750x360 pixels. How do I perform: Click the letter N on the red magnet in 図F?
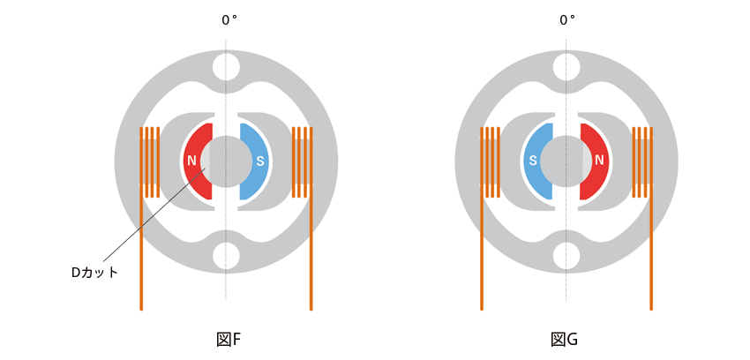[x=191, y=161]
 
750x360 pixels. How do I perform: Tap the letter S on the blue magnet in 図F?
[x=260, y=161]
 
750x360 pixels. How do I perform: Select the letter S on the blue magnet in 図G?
[x=532, y=161]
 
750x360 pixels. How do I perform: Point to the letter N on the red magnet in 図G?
[x=599, y=161]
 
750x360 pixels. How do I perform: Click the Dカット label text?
[x=94, y=273]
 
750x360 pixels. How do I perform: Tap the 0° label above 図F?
[x=229, y=20]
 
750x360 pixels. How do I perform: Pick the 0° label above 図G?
[x=567, y=20]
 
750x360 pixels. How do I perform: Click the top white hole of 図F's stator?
[x=226, y=67]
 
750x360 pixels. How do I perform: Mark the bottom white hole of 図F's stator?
[x=226, y=256]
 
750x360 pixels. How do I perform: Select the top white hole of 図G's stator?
[x=566, y=67]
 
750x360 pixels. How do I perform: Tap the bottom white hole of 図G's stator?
[x=566, y=256]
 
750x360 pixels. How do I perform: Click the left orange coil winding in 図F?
[x=149, y=162]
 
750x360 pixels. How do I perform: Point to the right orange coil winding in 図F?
[x=303, y=162]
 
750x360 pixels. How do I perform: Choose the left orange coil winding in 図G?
[x=490, y=162]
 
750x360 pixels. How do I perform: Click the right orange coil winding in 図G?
[x=643, y=162]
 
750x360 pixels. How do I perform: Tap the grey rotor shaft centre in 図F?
[x=227, y=161]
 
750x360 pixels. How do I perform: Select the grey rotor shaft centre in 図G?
[x=566, y=161]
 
